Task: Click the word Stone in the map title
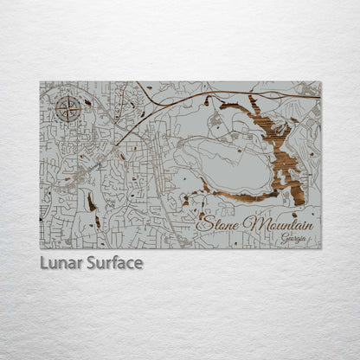[x=220, y=224]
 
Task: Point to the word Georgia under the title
[x=293, y=239]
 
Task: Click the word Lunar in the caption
[x=61, y=262]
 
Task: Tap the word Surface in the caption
[x=113, y=262]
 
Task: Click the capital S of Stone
[x=204, y=223]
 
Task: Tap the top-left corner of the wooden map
[x=41, y=82]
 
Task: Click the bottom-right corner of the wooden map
[x=320, y=247]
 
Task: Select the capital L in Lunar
[x=44, y=262]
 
